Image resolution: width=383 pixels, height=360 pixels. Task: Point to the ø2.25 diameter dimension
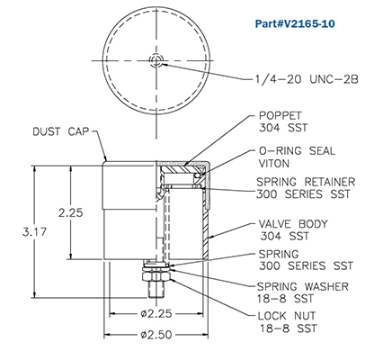pyautogui.click(x=156, y=315)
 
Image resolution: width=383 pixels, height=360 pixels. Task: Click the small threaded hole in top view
pyautogui.click(x=157, y=60)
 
